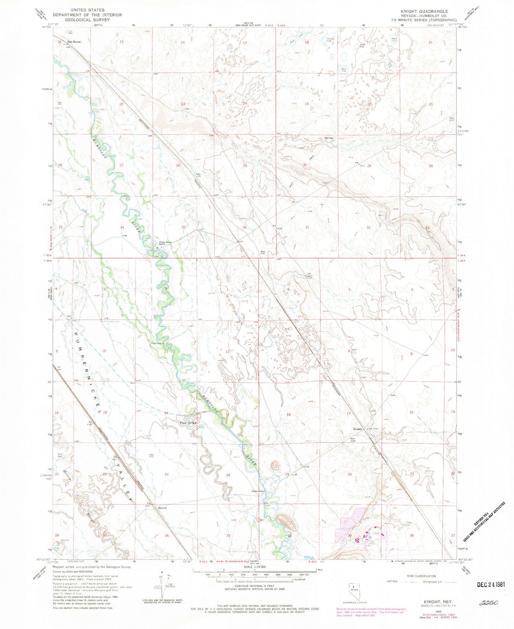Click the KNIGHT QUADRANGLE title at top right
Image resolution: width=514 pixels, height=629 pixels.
coord(424,11)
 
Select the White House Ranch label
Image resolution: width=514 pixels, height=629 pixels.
coord(165,243)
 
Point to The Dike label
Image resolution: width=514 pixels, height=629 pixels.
coord(188,423)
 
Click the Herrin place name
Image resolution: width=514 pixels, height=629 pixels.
coord(162,508)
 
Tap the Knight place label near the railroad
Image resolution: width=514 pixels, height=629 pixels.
coord(357,429)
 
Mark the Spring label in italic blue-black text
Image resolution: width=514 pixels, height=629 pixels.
coord(329,138)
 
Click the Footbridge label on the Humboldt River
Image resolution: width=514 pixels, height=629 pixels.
coord(157,344)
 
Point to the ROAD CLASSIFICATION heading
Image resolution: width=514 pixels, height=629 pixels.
coord(421,576)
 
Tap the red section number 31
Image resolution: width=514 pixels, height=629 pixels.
coord(307,227)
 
